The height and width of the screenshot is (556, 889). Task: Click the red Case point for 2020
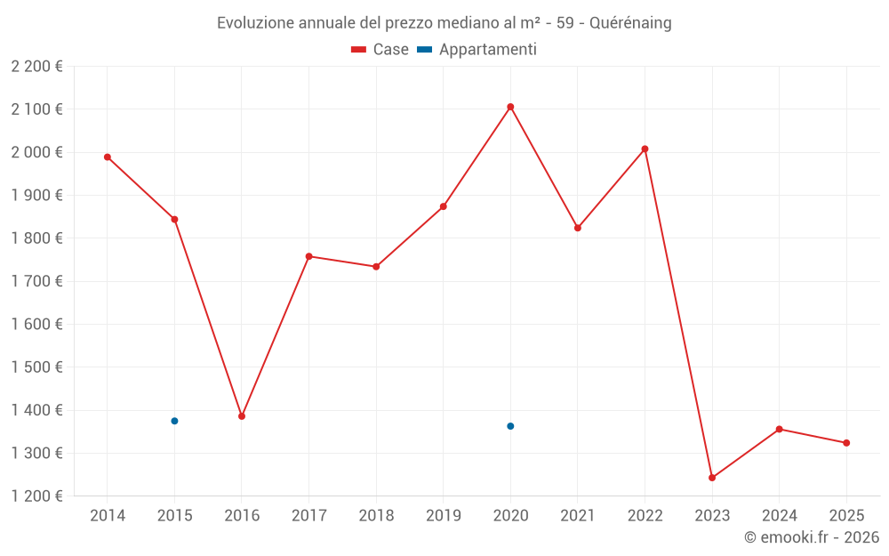pos(510,107)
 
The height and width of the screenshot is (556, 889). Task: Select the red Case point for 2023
pos(712,478)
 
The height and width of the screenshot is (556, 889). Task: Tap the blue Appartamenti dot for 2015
pos(174,421)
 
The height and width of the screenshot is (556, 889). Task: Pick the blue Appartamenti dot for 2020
pos(510,426)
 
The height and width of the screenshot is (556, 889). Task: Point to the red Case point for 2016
pos(242,416)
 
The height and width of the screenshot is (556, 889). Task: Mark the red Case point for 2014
pos(108,157)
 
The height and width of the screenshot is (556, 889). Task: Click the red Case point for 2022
pos(645,149)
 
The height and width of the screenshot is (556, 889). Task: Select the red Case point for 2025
pos(846,443)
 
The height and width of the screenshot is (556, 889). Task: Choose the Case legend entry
pos(380,50)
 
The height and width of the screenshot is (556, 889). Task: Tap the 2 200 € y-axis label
pos(37,67)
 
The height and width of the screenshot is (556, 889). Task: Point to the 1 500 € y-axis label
pos(37,367)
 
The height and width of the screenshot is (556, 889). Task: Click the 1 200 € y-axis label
pos(37,496)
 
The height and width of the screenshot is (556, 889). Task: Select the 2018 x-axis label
pos(376,516)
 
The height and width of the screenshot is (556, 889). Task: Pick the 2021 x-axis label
pos(578,516)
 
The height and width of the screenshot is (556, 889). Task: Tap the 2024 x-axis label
pos(779,516)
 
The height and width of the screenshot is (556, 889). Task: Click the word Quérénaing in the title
pos(630,23)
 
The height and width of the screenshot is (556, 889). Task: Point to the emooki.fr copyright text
pos(812,537)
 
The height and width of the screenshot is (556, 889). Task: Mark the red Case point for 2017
pos(308,256)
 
